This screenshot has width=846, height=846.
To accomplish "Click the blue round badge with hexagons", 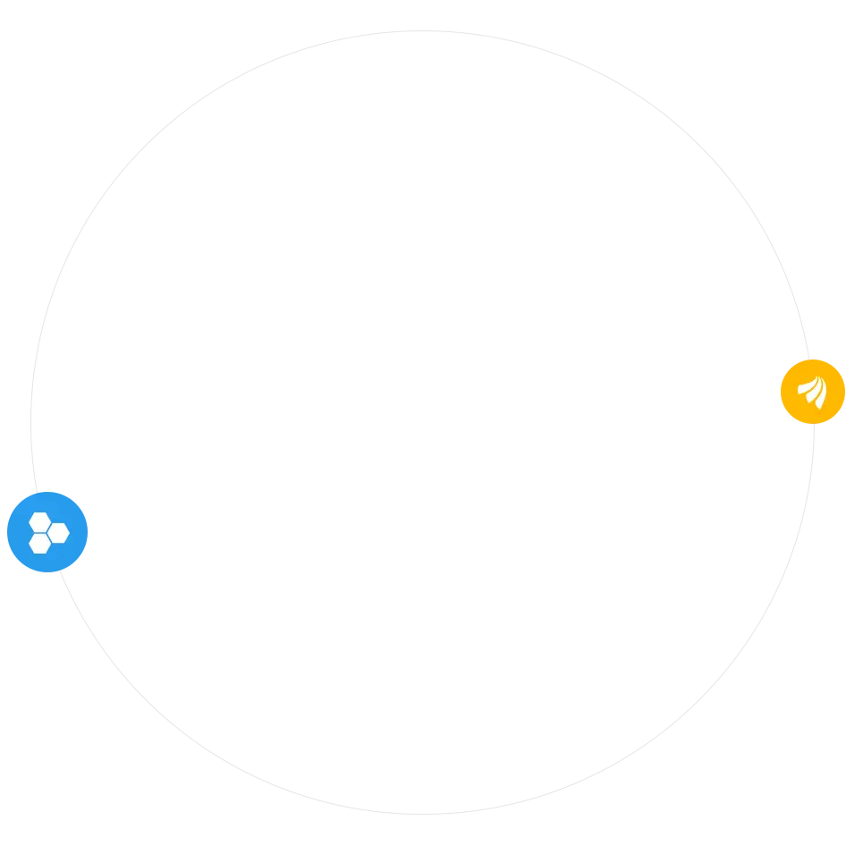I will [x=45, y=531].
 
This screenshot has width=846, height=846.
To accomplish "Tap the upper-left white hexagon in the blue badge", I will [x=38, y=521].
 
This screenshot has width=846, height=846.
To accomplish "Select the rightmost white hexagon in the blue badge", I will [x=59, y=533].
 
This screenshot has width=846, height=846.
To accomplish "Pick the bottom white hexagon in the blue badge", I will [x=38, y=543].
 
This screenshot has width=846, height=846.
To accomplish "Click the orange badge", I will [x=812, y=390].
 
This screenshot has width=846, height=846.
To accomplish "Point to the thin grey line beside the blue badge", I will [x=89, y=533].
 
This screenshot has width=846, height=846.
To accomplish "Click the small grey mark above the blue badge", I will [x=54, y=489].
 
